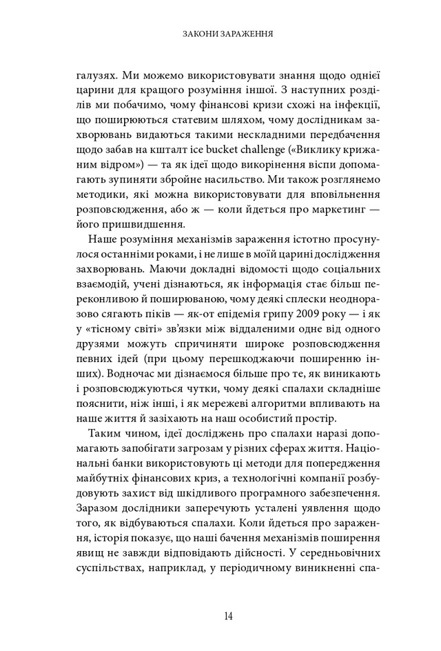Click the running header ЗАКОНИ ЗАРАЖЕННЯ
220,32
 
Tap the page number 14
220,617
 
